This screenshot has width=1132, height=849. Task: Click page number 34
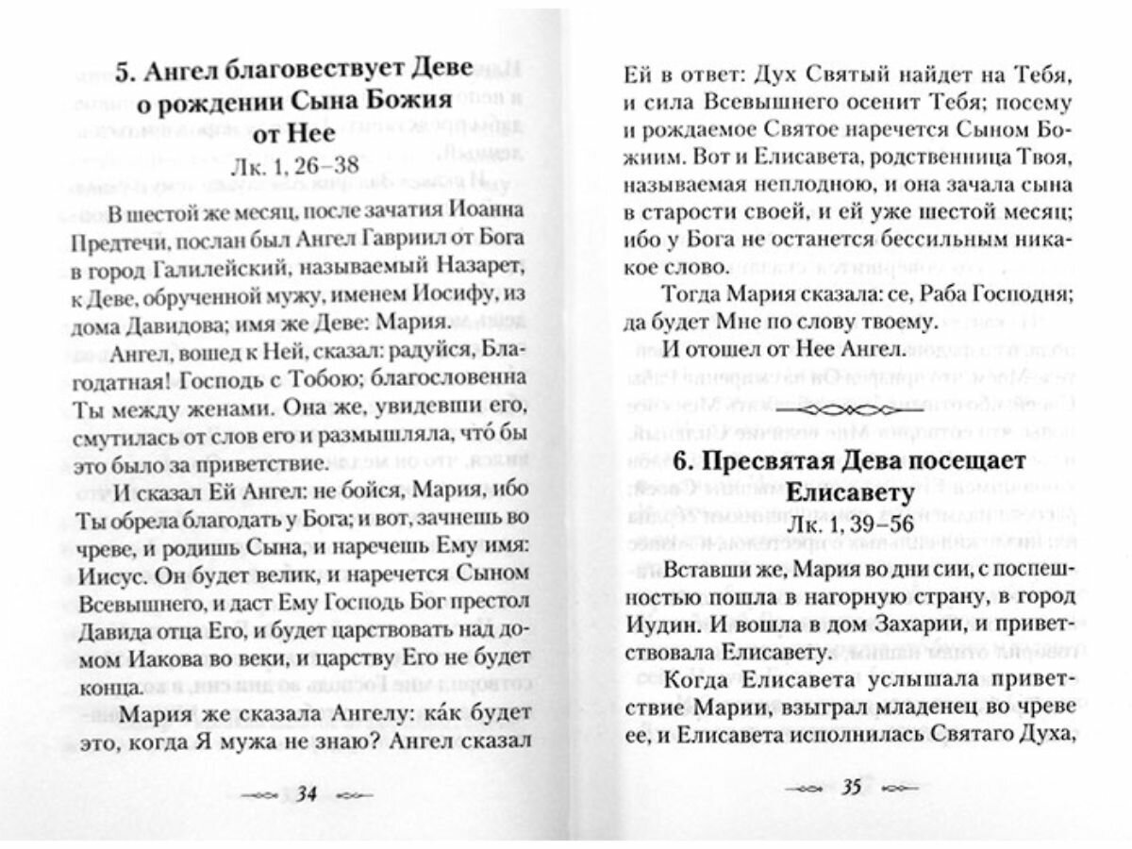pyautogui.click(x=306, y=793)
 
